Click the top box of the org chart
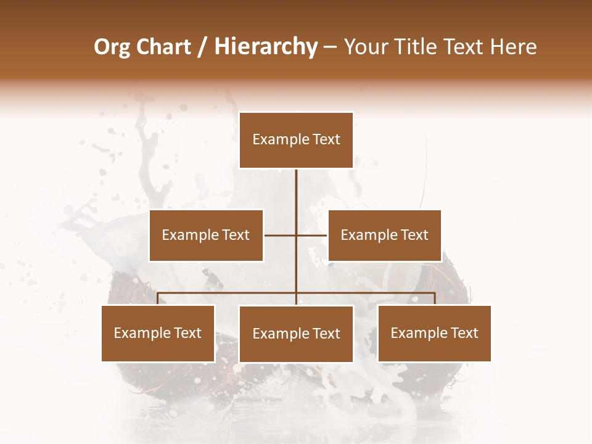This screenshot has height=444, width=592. coord(296,140)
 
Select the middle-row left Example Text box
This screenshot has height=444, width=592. coord(206,235)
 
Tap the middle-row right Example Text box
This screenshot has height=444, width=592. coord(384,235)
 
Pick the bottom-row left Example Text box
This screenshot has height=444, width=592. coord(158,333)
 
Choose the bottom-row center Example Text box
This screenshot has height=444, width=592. coord(296,334)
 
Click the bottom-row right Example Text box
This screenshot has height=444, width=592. coord(434,333)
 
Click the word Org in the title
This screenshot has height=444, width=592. coord(112,47)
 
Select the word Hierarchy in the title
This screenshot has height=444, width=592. coord(265,47)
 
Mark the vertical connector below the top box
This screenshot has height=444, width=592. coord(296,197)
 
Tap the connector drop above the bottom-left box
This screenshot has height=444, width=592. coord(158,298)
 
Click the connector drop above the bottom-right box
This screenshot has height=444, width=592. coord(435,298)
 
